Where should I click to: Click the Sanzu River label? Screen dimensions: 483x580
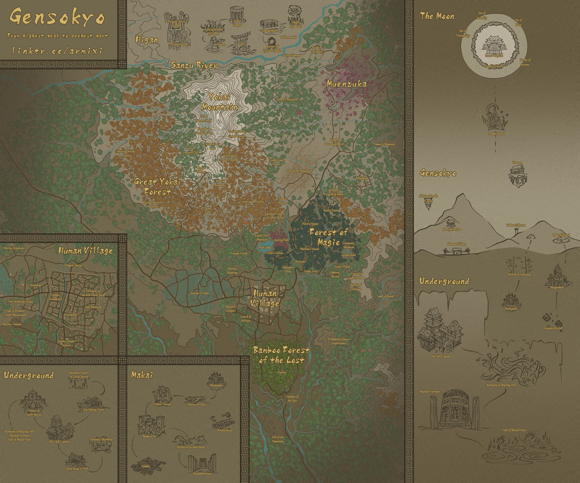(194, 65)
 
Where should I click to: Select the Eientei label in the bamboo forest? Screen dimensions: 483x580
(282, 372)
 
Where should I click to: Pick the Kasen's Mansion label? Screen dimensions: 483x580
(287, 99)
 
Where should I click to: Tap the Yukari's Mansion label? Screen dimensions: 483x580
(384, 144)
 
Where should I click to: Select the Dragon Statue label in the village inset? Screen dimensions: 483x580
(73, 265)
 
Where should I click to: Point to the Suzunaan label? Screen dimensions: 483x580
(36, 285)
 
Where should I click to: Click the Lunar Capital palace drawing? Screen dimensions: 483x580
(494, 46)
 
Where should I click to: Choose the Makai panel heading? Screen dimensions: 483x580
(142, 375)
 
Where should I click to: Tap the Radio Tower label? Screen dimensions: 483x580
(331, 210)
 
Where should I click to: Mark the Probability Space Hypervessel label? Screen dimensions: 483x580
(339, 341)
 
